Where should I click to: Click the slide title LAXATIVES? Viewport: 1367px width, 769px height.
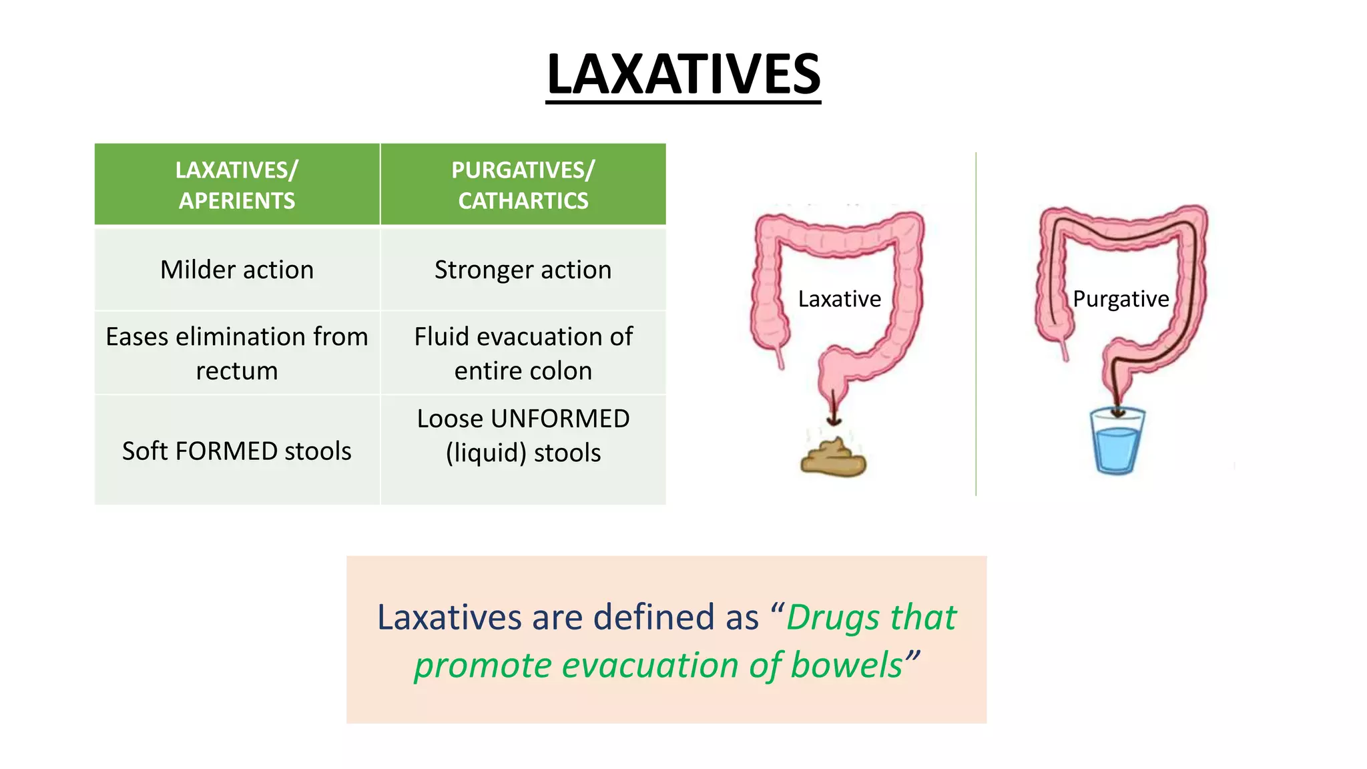(683, 75)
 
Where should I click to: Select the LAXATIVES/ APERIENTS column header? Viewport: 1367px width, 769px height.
(237, 185)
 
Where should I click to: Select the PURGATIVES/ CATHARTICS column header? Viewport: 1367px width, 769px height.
(523, 185)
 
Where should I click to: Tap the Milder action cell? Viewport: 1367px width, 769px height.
(237, 270)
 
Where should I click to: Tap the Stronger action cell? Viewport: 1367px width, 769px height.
(523, 270)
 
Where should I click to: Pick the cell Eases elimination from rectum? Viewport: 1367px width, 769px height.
(237, 353)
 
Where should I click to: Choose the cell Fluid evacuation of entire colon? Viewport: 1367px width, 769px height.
(523, 353)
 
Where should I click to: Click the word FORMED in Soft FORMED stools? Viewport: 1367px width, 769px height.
(227, 451)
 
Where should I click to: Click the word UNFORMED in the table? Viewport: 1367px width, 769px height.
(560, 419)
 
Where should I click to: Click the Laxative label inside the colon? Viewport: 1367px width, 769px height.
(839, 299)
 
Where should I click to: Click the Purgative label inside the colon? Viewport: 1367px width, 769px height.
(1121, 299)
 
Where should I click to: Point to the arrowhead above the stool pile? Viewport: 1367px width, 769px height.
(834, 420)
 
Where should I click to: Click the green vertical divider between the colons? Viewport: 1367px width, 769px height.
(976, 324)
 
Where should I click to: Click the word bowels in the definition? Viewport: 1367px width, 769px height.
(846, 666)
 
